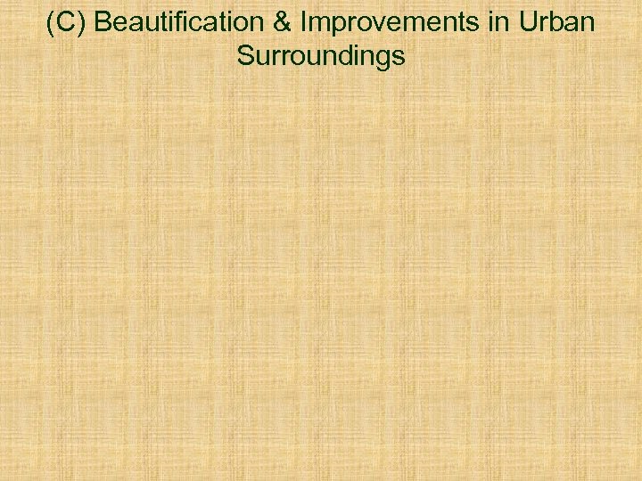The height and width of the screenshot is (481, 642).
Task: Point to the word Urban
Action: [559, 22]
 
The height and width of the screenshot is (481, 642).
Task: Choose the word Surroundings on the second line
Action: [321, 57]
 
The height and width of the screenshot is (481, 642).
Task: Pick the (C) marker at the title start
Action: [67, 22]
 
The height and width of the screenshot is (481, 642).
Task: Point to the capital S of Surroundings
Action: [244, 57]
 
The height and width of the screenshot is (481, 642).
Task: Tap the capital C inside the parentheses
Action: [67, 22]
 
